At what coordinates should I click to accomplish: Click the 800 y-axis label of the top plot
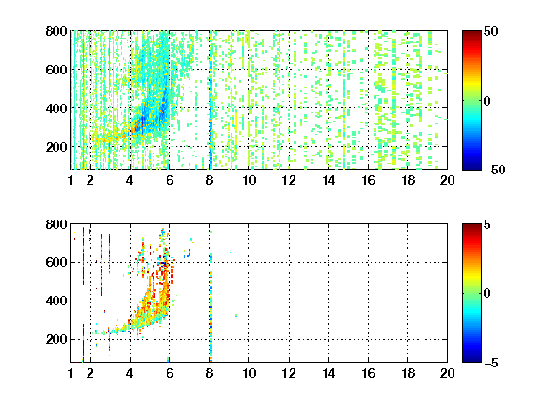[56, 31]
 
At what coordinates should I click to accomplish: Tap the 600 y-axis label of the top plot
[56, 70]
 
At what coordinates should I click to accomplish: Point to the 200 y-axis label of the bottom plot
[56, 339]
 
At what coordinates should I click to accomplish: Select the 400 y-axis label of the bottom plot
[56, 301]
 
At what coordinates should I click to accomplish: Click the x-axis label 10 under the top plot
[248, 180]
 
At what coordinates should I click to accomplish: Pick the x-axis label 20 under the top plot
[447, 180]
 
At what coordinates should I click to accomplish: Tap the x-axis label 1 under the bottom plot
[71, 373]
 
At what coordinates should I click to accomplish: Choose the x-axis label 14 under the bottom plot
[328, 373]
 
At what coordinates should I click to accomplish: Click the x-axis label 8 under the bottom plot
[209, 373]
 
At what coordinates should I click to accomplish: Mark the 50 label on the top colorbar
[490, 31]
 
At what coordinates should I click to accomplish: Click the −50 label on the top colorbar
[494, 170]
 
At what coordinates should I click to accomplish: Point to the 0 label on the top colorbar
[486, 101]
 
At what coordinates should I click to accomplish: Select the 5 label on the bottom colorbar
[486, 224]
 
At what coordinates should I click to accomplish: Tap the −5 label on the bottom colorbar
[490, 363]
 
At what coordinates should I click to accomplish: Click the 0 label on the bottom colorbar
[486, 294]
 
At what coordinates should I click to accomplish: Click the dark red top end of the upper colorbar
[471, 33]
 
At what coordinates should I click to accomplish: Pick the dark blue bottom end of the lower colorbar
[471, 360]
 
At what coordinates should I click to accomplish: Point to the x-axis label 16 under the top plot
[368, 180]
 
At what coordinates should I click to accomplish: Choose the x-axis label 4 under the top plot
[130, 180]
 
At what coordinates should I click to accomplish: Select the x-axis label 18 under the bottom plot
[407, 373]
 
